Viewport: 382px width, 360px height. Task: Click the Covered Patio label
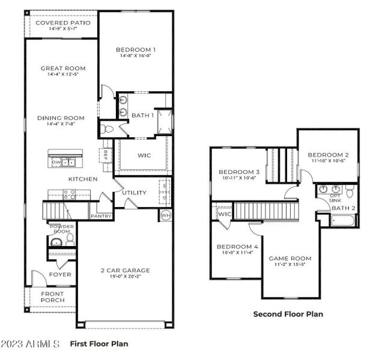point(62,23)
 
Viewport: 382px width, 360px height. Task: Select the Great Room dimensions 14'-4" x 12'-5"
point(62,75)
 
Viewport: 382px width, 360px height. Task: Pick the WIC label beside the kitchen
point(144,155)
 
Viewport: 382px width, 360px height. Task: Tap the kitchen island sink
point(71,161)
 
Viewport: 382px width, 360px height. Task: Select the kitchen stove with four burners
point(69,194)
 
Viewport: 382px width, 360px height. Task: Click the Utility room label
point(134,193)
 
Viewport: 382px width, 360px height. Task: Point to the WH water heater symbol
point(165,215)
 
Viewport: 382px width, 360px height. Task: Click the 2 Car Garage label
point(125,271)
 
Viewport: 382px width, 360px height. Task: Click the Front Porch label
point(52,298)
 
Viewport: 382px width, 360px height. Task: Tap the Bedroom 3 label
point(238,172)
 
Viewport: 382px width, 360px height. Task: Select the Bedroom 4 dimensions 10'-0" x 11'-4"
point(237,253)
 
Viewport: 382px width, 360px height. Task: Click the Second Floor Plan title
point(288,314)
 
